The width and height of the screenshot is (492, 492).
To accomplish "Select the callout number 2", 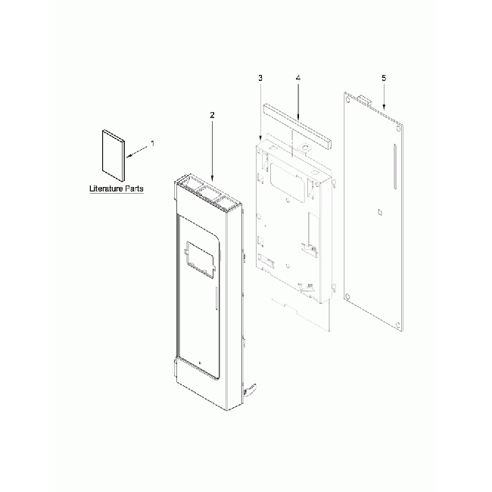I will coord(212,115).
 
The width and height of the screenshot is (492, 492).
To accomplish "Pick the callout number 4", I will coord(298,79).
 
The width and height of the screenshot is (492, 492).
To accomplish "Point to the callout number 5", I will coord(384,79).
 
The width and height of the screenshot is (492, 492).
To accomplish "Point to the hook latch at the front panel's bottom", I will coord(251,389).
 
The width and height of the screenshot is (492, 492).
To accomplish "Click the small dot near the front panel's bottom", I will coord(198,361).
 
